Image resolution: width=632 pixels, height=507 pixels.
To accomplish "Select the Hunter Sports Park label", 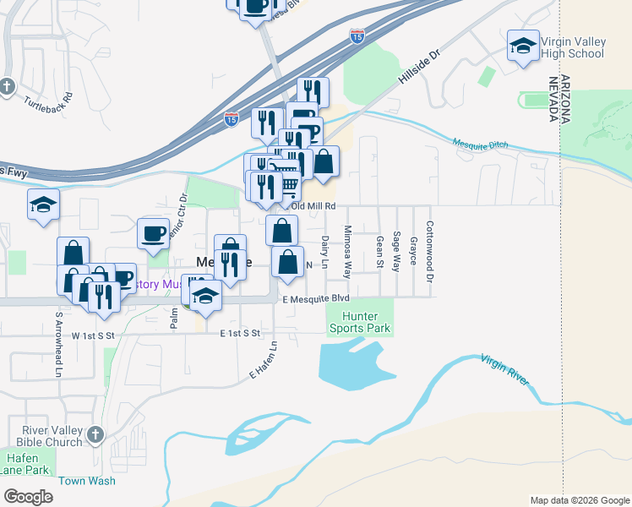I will coord(360,321).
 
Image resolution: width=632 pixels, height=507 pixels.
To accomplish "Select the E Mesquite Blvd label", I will coord(316,298).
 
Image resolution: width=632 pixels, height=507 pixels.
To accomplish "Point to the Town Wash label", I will coord(87,480).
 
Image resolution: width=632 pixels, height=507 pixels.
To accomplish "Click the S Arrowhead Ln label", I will coord(59,345).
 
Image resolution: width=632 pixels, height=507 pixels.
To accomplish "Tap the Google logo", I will coord(28,496).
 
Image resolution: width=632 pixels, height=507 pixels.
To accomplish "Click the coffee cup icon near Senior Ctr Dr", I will coord(153,233).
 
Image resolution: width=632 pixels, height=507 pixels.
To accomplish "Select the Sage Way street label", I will coord(396,248).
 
